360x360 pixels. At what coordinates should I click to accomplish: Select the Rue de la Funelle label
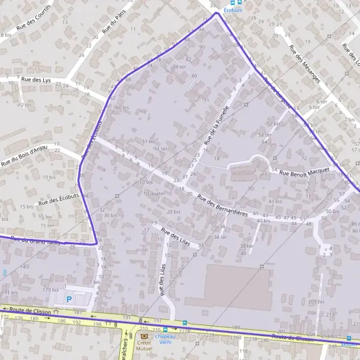[x=217, y=125]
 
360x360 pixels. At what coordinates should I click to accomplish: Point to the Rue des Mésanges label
[x=304, y=63]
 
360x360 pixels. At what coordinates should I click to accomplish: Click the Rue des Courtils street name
[x=34, y=26]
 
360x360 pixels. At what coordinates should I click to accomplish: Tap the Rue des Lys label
[x=34, y=79]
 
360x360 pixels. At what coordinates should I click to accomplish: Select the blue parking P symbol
[x=68, y=298]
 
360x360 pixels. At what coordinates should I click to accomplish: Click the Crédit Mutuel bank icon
[x=143, y=337]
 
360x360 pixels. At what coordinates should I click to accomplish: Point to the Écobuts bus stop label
[x=233, y=10]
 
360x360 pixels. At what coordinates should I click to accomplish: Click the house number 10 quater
[x=154, y=193]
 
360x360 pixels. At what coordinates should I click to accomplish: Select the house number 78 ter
[x=179, y=67]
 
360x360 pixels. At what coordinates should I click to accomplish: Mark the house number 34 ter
[x=220, y=236]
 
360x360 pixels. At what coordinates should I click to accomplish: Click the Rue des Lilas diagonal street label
[x=175, y=239]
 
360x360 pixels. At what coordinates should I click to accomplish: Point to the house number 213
[x=331, y=314]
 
